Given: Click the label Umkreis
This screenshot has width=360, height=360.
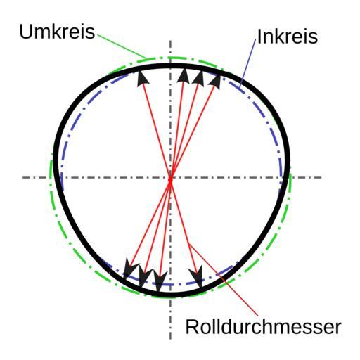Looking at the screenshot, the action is coord(57,32).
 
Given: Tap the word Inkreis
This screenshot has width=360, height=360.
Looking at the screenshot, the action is coord(288,37).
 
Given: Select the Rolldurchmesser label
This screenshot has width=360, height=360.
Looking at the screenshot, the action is coord(263,327).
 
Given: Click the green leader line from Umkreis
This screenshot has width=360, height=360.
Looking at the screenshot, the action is coord(122,46).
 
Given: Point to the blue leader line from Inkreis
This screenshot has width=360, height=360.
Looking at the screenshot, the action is coord(247,63).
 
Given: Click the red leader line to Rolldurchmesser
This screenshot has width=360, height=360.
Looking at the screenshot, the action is coord(224,280).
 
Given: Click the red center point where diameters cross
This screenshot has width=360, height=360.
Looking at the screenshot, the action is coord(170,180).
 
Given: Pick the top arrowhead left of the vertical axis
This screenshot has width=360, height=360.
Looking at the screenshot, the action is coord(143,79).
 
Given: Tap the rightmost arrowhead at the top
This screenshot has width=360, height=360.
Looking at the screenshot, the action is coord(215,82).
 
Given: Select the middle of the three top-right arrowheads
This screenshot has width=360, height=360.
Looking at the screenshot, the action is coord(199,77).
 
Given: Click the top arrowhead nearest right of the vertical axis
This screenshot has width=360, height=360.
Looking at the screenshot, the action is coord(184,75).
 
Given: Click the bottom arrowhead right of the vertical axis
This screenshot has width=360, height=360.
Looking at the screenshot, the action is coord(197,276).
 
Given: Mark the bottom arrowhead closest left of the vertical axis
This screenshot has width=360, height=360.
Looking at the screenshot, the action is coord(160,281).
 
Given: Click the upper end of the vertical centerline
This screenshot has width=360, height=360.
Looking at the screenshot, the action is coord(170,41).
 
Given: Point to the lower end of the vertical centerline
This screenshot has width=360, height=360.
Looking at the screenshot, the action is coord(170,339).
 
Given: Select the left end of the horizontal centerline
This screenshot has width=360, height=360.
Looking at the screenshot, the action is coord(23,177).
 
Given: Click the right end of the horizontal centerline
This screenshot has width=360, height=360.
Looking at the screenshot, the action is coord(321,177).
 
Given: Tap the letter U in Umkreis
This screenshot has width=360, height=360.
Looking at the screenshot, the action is coord(25,32).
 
